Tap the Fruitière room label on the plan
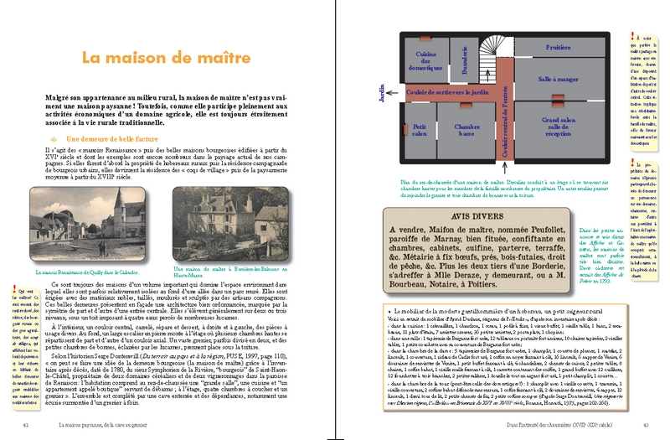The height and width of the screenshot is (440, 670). coord(559,48)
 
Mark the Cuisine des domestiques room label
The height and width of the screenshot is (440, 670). coord(416,60)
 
